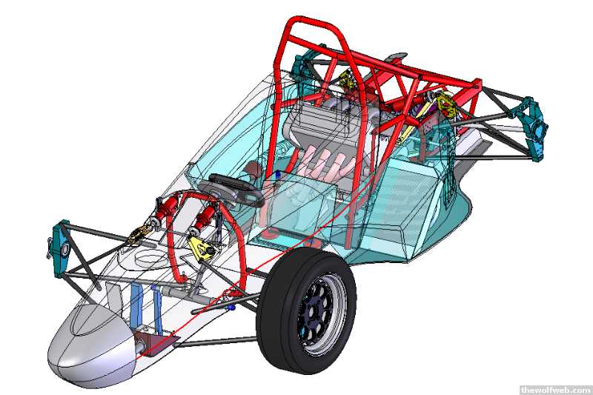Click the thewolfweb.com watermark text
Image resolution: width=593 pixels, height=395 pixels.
pos(555,389)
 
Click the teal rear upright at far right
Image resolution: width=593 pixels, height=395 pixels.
pos(534,128)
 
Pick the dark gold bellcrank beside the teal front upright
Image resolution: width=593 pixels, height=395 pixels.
pos(139,235)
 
